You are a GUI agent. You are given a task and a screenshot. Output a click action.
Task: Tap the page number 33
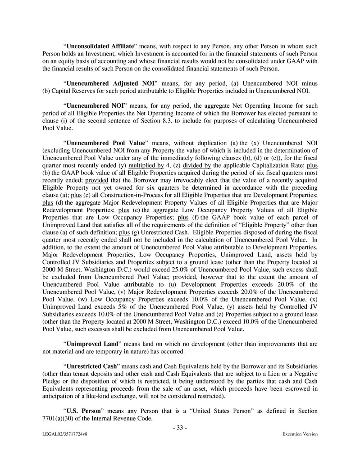(180, 427)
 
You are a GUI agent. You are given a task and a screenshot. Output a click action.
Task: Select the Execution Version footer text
(300, 434)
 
